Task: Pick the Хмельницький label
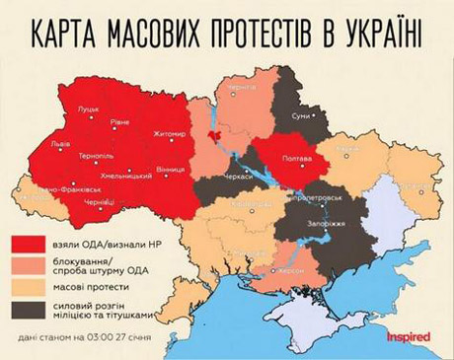coord(126,175)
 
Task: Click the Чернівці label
coord(100,202)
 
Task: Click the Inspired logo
coord(408,337)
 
